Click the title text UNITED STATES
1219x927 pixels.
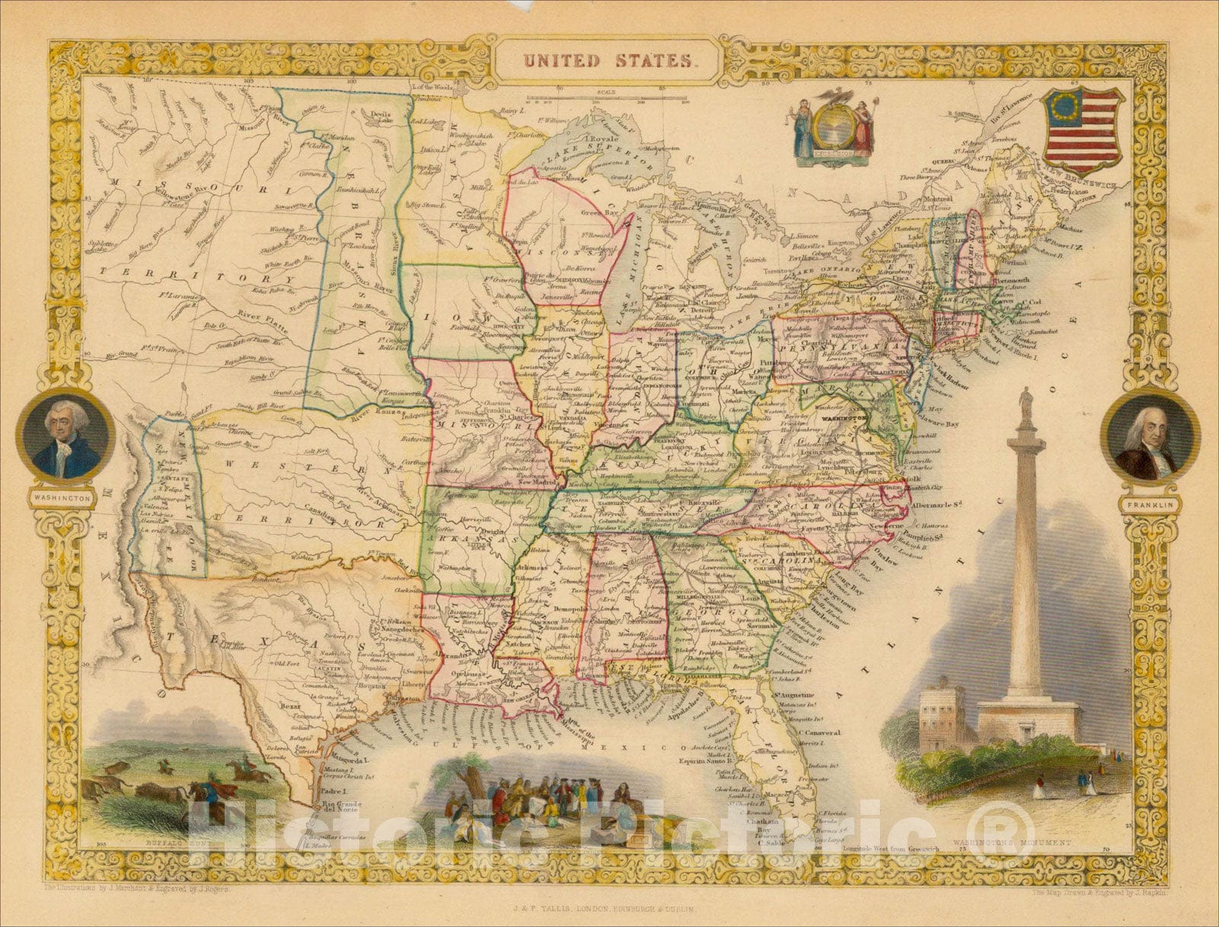[x=606, y=60]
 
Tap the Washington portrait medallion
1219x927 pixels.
[x=66, y=440]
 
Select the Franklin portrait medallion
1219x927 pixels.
[x=1150, y=441]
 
